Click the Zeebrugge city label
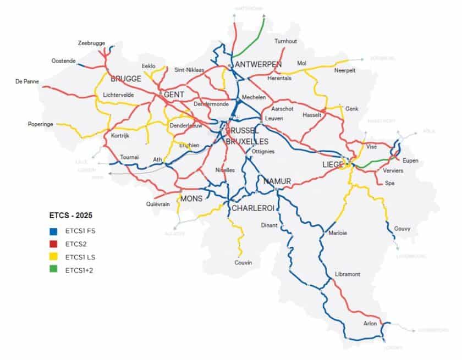coord(91,43)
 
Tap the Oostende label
coord(63,60)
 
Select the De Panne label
coord(28,82)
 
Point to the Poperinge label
coord(41,124)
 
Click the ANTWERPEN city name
coord(258,64)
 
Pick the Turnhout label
coord(286,42)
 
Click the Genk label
coord(351,109)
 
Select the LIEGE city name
coord(332,164)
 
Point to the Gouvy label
coord(402,229)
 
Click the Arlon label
coord(370,324)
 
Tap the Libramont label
coord(347,274)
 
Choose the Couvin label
coord(243,263)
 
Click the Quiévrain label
coord(157,203)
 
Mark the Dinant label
coord(269,225)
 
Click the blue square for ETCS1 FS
coord(52,230)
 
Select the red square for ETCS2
coord(52,243)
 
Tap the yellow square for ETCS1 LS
coord(52,257)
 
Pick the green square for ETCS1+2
coord(52,270)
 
